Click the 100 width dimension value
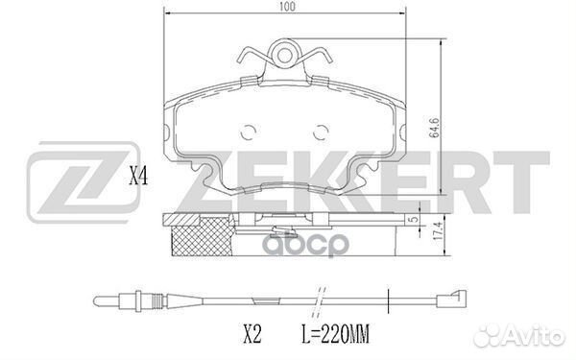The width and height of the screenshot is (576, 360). tap(287, 7)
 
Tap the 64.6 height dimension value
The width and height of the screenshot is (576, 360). tap(435, 128)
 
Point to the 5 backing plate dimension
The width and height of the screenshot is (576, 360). tap(414, 219)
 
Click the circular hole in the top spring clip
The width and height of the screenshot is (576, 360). tap(284, 56)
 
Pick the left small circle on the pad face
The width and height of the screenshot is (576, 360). tap(249, 132)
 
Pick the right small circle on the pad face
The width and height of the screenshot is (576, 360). tap(321, 132)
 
